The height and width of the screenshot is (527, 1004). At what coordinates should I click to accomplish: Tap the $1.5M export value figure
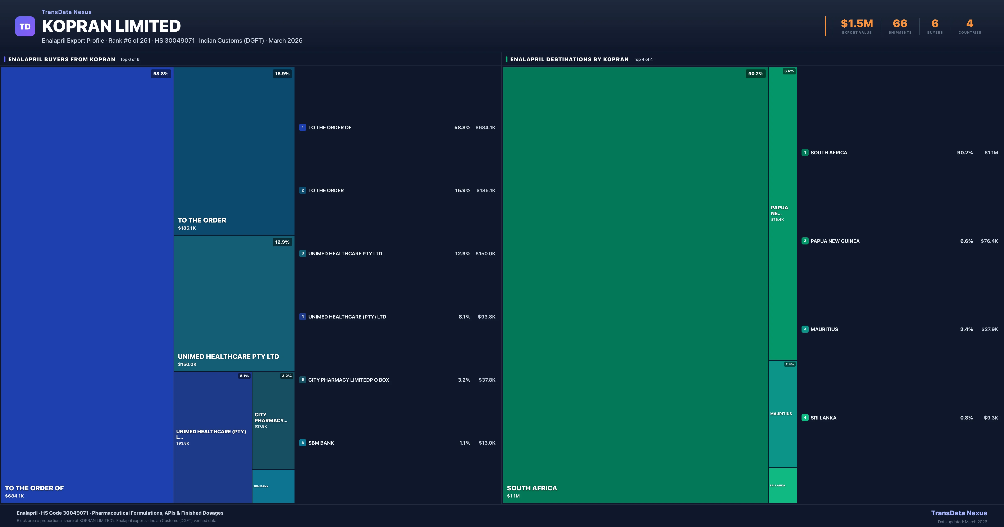tap(857, 24)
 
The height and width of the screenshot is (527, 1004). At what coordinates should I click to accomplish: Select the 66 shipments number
tap(900, 24)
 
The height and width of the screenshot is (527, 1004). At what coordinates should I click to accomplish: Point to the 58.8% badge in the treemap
tap(161, 74)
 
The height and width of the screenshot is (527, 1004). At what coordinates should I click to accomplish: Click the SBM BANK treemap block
tap(273, 486)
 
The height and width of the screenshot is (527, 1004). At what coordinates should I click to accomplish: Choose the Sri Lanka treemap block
tap(783, 485)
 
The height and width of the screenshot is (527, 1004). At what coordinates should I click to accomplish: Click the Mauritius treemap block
tap(783, 414)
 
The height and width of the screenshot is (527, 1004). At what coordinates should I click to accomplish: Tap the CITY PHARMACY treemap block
tap(273, 420)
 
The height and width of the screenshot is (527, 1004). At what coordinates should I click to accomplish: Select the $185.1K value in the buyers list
tap(486, 191)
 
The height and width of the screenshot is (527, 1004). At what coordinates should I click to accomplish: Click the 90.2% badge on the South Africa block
tap(755, 74)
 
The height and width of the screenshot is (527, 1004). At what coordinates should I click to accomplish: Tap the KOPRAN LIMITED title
tap(111, 26)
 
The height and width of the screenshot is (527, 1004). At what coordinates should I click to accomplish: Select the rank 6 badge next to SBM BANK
tap(302, 443)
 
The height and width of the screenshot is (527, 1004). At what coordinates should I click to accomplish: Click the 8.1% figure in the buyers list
tap(464, 317)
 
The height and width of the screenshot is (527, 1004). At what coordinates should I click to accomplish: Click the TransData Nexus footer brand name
tap(959, 513)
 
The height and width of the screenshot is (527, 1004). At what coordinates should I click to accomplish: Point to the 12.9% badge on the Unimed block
tap(282, 242)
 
